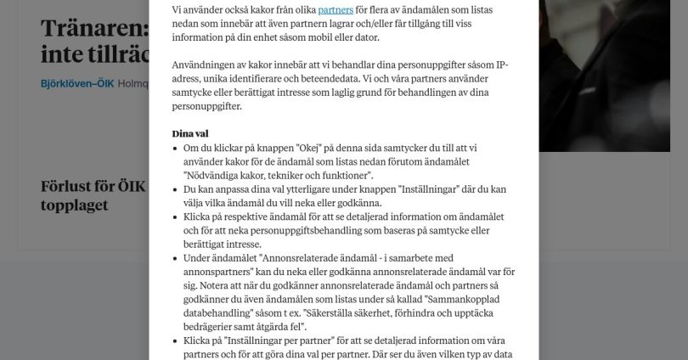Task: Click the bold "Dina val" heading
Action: click(x=190, y=134)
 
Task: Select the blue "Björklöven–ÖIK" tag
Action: click(x=77, y=83)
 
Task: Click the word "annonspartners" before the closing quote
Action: click(x=220, y=273)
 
